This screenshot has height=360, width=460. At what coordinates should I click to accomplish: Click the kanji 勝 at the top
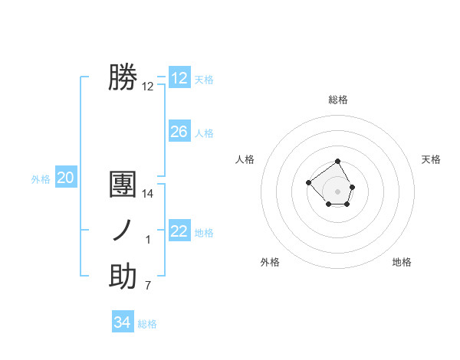coord(123,77)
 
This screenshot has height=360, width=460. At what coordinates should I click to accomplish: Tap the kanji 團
coord(123,185)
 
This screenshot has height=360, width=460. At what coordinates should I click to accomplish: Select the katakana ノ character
coord(123,231)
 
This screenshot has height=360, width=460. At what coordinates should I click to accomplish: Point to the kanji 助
coord(123,277)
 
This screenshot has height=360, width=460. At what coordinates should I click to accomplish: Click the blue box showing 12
coord(179,78)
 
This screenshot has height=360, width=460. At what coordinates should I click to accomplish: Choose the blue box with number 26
coord(179,132)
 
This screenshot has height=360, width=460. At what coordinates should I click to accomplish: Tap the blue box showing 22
coord(179,231)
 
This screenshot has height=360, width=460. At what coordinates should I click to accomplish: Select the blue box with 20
coord(65,178)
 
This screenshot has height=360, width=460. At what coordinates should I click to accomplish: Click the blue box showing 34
coord(123,322)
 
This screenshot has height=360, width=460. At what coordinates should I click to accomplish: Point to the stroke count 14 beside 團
coord(148,195)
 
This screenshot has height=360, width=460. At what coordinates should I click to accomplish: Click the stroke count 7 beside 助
coord(148,286)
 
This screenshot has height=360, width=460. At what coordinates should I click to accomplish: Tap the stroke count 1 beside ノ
coord(148,241)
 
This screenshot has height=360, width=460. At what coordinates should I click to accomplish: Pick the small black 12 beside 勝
coord(148,87)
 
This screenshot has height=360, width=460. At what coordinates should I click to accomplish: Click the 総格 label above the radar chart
coord(338,100)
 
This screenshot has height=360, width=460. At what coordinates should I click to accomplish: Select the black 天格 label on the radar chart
coord(431,159)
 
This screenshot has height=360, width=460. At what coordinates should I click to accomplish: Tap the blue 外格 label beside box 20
coord(41,179)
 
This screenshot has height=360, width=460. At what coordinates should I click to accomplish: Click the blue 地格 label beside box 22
coord(204,232)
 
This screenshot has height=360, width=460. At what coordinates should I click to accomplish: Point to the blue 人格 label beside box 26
coord(204,133)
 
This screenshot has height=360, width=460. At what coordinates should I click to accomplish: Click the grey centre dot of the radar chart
coord(338,191)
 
